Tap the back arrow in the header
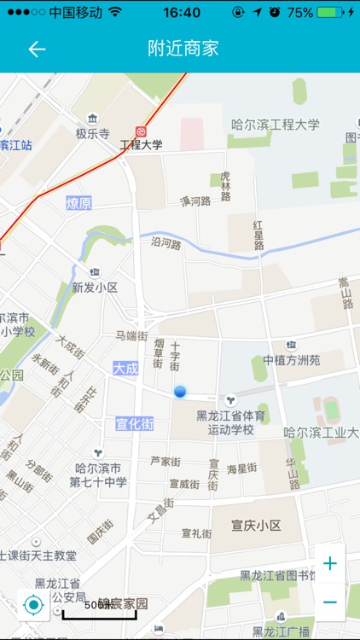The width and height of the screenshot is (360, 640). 37,49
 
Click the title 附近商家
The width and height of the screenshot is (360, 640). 183,49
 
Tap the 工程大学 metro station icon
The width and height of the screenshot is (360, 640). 140,131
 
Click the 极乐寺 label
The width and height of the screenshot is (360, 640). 92,134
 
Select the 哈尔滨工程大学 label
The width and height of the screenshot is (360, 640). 276,125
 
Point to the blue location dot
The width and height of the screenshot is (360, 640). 180,392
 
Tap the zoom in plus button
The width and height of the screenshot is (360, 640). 329,563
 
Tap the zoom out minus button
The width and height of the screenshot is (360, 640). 329,602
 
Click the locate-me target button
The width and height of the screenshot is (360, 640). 34,605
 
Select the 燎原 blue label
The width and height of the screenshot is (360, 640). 78,203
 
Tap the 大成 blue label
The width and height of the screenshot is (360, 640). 125,367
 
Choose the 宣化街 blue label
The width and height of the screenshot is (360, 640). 135,423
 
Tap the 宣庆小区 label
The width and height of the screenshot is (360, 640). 257,525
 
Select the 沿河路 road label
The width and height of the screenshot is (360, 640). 166,243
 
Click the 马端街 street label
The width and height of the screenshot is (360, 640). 132,336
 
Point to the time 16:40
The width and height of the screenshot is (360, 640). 181,13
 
